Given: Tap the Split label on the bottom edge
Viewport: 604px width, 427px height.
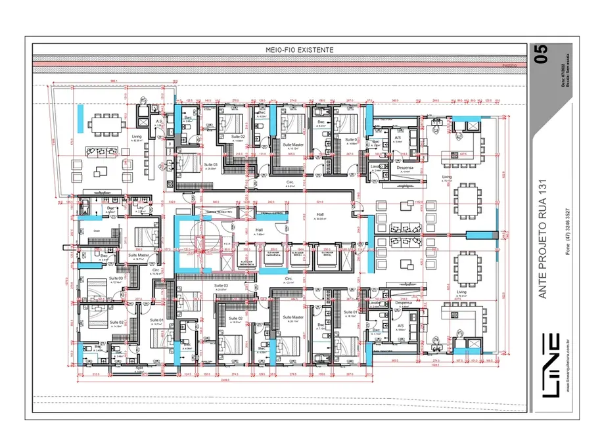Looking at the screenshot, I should click(x=139, y=369).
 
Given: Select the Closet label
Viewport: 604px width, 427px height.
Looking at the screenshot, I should click(x=96, y=231).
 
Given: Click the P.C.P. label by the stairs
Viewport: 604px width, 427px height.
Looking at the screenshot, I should click(x=227, y=243).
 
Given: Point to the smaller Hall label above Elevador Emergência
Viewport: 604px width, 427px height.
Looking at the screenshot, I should click(x=259, y=230).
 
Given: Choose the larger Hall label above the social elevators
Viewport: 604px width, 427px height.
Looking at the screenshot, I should click(x=320, y=214).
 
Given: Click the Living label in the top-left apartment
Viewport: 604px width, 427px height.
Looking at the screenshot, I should click(x=137, y=136).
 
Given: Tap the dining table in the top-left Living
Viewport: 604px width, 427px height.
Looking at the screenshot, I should click(x=105, y=123).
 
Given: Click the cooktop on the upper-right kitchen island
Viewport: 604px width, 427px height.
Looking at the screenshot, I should click(x=457, y=155).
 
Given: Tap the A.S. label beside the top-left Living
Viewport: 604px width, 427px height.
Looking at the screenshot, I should click(x=158, y=122).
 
